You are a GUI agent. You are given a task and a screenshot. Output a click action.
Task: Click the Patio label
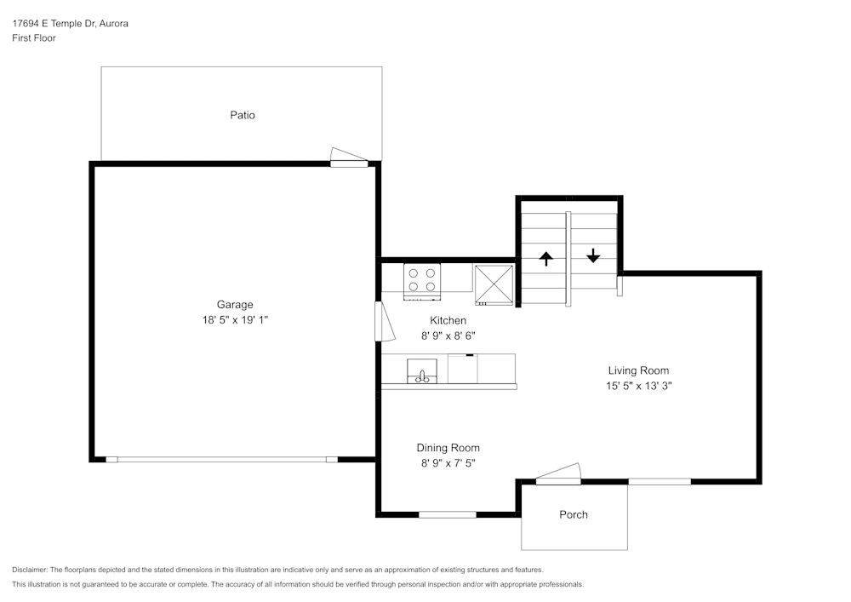(x=242, y=115)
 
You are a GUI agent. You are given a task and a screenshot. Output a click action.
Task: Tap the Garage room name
(x=235, y=305)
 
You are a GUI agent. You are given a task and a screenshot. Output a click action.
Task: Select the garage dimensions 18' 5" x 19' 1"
(x=235, y=319)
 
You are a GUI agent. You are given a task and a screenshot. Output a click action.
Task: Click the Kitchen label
(x=448, y=320)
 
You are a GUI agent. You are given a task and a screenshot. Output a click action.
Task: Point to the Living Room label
(x=638, y=370)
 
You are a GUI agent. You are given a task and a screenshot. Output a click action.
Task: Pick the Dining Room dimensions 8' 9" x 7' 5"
(x=448, y=463)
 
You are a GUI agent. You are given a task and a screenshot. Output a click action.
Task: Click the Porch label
(x=573, y=514)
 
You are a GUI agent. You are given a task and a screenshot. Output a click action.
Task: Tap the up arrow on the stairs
(x=545, y=258)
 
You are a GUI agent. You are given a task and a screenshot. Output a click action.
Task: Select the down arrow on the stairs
(x=593, y=255)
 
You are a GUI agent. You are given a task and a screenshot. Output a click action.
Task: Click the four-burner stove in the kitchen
(x=422, y=281)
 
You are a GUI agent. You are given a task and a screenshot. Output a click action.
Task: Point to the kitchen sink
(x=422, y=370)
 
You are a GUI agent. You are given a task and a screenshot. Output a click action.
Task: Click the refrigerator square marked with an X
(x=494, y=284)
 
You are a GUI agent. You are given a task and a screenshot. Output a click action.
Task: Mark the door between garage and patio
(x=349, y=158)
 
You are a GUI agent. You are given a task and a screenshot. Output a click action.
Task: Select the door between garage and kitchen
(x=385, y=321)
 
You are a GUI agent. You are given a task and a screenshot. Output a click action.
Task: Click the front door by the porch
(x=558, y=474)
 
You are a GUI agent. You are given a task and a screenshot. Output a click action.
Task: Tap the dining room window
(x=448, y=514)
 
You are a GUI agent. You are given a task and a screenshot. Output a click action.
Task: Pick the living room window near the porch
(x=660, y=481)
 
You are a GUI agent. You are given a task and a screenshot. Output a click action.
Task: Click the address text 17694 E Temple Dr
(x=54, y=23)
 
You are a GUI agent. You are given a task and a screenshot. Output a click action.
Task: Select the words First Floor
(x=34, y=38)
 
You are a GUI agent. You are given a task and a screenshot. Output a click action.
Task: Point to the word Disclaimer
(x=29, y=570)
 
